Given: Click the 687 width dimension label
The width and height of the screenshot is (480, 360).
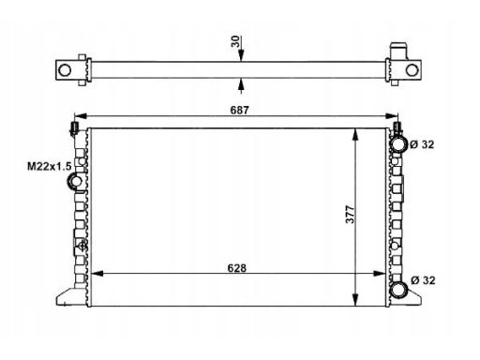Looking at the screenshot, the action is click(x=239, y=110).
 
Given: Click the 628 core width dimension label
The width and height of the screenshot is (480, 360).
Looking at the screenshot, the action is click(x=237, y=268).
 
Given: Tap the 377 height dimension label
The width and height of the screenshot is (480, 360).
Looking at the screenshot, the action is click(x=350, y=214).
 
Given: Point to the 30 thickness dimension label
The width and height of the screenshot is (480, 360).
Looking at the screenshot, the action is click(x=235, y=41).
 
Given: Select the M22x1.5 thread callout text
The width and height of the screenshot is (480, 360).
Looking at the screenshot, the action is click(x=50, y=166).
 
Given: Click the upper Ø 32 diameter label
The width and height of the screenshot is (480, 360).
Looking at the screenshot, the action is click(x=422, y=144).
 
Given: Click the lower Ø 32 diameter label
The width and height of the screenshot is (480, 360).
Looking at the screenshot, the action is click(x=423, y=280).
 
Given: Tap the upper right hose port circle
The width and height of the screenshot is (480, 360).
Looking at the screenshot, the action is click(x=398, y=144).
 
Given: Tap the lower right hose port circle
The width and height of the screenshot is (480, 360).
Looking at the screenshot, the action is click(x=399, y=289).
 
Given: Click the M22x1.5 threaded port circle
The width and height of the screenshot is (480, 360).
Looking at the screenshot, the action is click(x=75, y=181).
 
